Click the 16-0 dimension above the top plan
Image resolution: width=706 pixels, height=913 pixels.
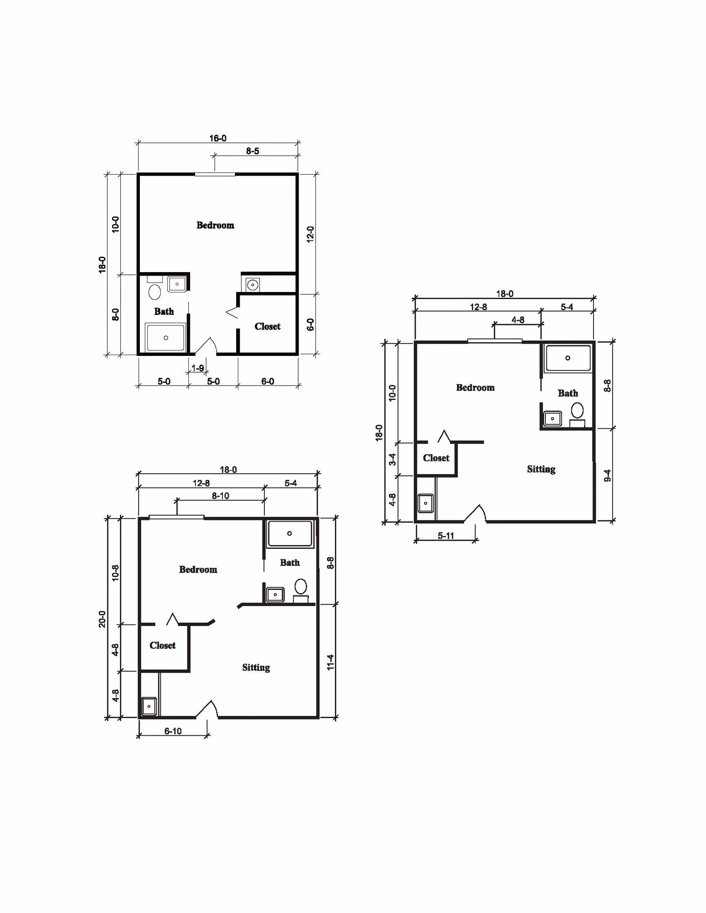coord(218,138)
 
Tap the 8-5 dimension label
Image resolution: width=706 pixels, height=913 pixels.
coord(252,151)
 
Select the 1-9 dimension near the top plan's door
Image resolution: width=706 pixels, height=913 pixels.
coord(198,368)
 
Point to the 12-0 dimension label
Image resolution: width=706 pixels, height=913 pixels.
coord(310,234)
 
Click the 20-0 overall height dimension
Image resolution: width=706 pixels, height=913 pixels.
coord(102,619)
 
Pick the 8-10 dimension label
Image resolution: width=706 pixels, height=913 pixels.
coord(220,496)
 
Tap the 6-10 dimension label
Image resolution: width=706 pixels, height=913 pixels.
coord(173,731)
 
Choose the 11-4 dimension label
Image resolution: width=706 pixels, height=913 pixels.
coord(330,662)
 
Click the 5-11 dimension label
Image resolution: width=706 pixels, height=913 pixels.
coord(446,536)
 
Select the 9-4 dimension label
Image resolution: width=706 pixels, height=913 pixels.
coord(607,475)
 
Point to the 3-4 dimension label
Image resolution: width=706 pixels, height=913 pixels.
coord(392,459)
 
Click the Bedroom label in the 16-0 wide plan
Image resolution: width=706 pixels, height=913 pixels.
coord(215,225)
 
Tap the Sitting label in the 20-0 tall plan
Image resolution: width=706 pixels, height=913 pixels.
coord(256,667)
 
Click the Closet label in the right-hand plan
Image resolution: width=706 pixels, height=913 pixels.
coord(436,458)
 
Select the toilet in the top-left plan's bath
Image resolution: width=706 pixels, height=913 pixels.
coord(155,292)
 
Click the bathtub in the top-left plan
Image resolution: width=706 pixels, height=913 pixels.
coord(165,337)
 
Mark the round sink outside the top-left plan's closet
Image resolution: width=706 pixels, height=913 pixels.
coord(252,284)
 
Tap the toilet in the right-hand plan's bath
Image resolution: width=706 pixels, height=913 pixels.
coord(577,411)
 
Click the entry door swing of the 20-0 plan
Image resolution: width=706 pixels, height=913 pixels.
coord(207,709)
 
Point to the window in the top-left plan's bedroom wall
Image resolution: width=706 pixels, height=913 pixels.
coord(215,175)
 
